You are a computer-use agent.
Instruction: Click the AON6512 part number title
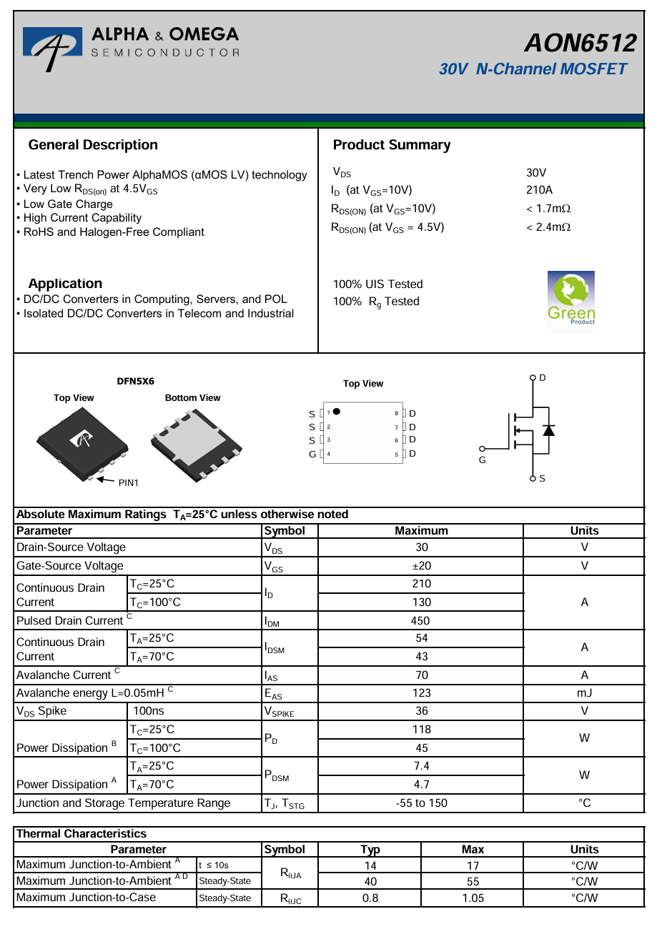[580, 44]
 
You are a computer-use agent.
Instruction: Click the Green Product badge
[570, 298]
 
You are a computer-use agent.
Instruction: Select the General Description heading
[93, 145]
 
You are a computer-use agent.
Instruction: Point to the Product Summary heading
[392, 145]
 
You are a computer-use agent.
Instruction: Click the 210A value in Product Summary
[539, 190]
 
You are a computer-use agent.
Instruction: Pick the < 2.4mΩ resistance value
[548, 227]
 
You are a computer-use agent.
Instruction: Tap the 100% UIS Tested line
[377, 284]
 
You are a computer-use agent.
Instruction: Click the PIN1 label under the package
[129, 483]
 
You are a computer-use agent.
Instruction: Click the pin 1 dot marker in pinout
[336, 412]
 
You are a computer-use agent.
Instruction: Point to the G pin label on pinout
[312, 454]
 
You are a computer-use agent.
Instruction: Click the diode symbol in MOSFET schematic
[548, 430]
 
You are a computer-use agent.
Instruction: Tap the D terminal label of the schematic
[543, 377]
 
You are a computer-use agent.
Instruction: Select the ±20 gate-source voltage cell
[421, 566]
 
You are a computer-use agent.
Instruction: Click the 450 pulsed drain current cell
[421, 620]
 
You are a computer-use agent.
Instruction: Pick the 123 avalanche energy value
[421, 692]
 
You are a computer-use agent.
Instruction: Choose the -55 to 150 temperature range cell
[421, 803]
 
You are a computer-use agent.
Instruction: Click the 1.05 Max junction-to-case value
[473, 898]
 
